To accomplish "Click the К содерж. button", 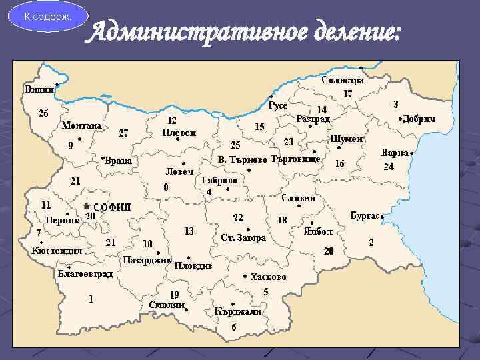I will tap(45, 15).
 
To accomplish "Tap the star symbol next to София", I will tap(86, 206).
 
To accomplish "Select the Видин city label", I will tap(40, 89).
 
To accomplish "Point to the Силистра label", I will tap(343, 80).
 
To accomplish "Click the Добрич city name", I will tap(419, 118).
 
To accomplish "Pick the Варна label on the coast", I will tap(394, 153).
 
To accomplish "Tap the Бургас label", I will tap(365, 215).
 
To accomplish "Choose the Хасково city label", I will tap(269, 277).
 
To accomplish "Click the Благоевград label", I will tap(85, 274).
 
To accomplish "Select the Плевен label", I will tap(179, 133).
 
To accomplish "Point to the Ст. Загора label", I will tap(244, 238).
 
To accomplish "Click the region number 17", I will tap(347, 94).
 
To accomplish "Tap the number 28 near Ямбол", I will tap(329, 251).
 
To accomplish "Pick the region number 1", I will tap(91, 299).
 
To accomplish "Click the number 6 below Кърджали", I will tap(233, 327).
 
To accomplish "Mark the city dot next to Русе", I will tap(271, 95).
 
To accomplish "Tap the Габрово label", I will tap(219, 180).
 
